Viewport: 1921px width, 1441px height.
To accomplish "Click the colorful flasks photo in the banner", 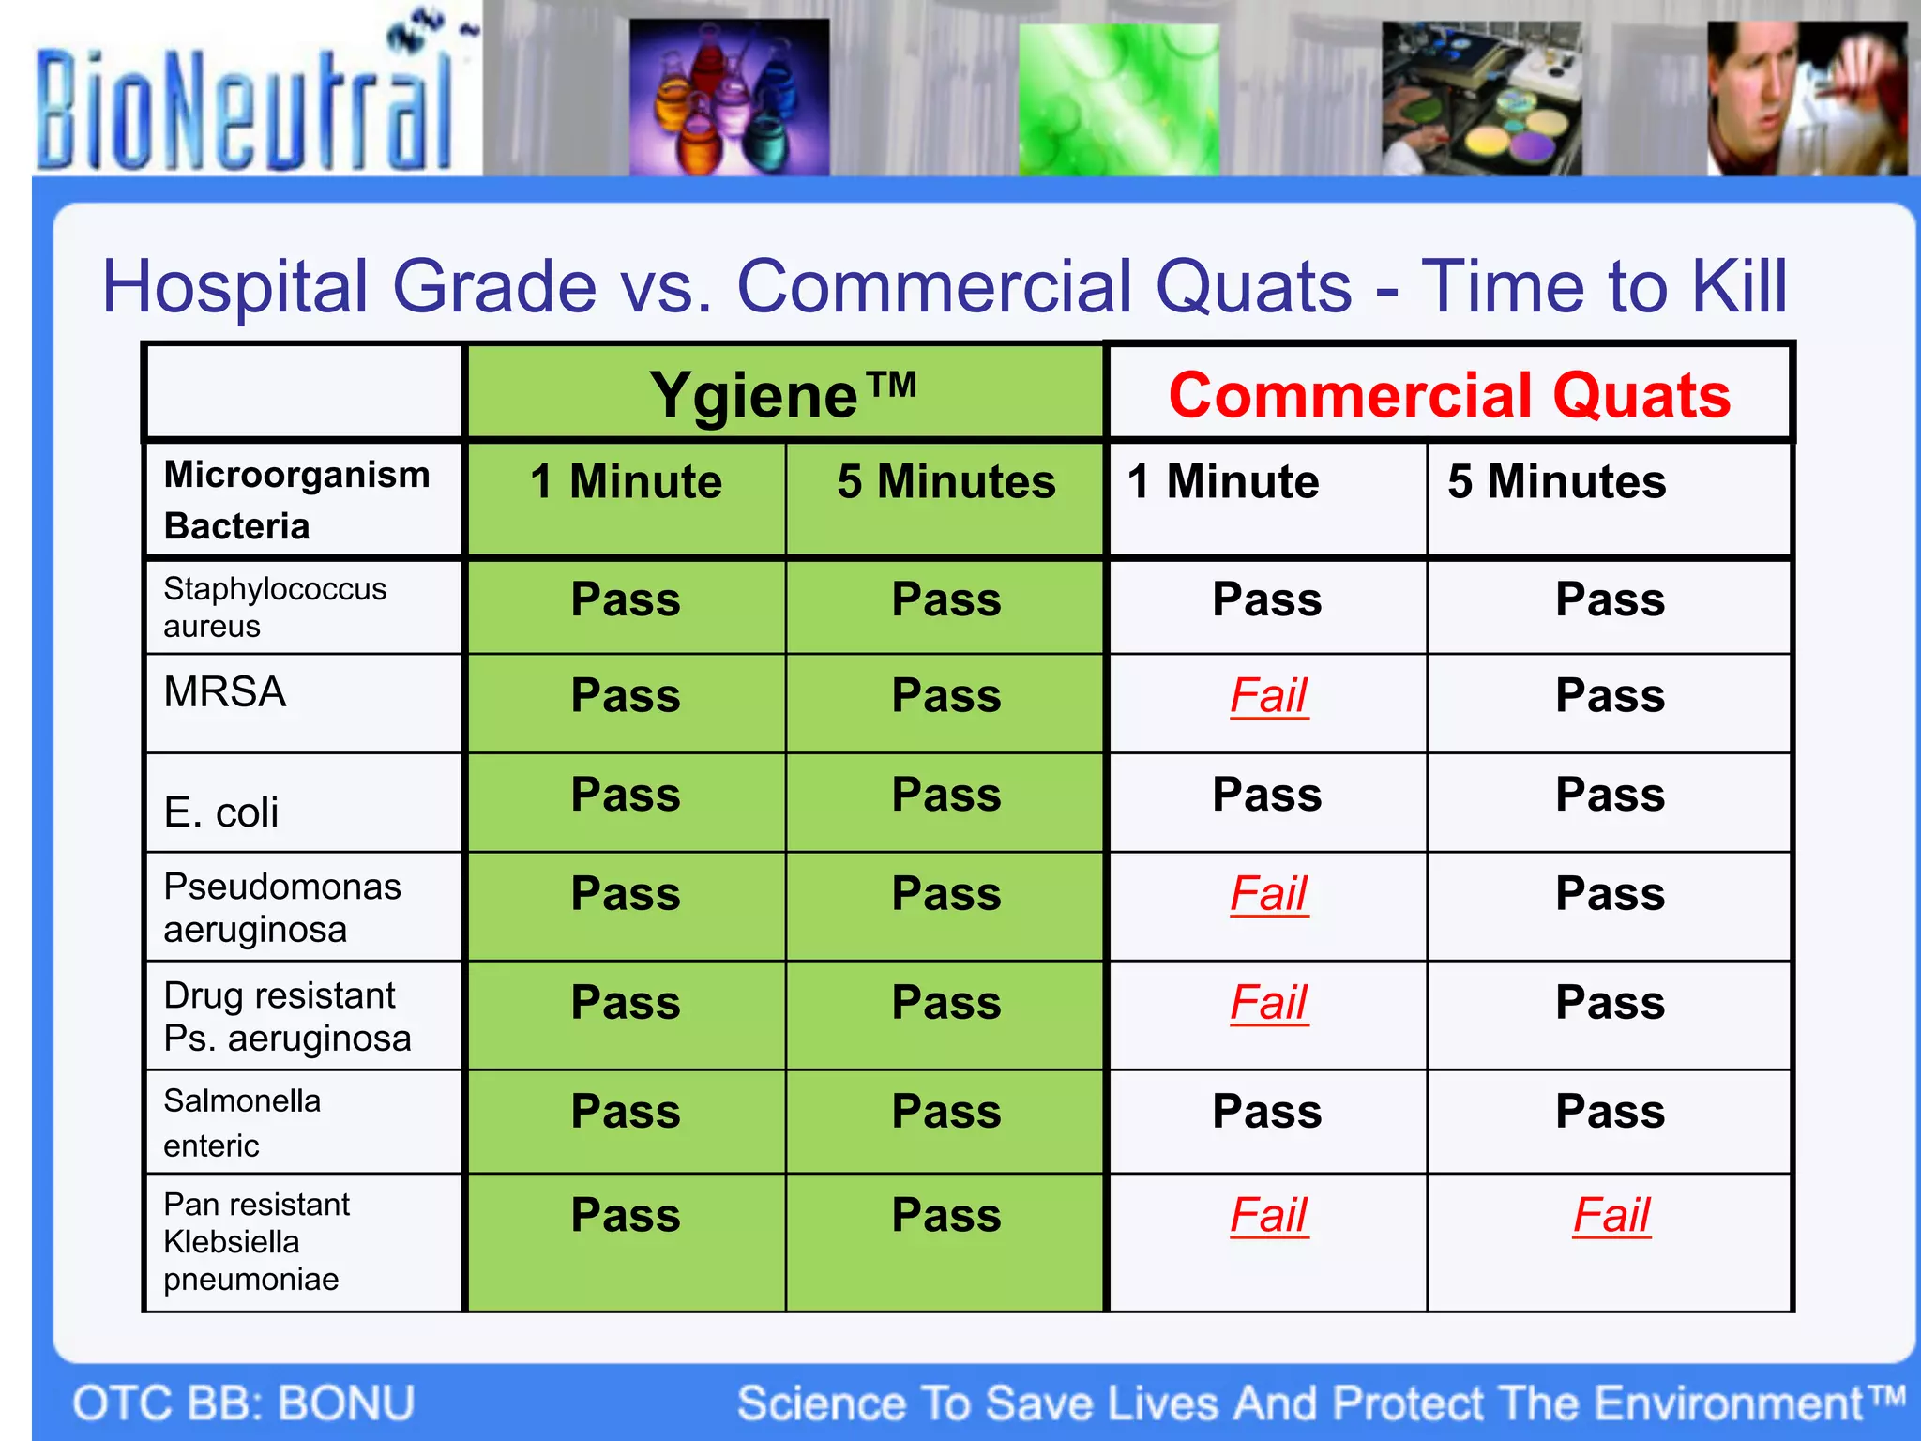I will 729,97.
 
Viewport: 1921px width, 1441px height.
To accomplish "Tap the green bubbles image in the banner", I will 1118,99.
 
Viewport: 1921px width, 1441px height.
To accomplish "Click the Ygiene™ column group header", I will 783,394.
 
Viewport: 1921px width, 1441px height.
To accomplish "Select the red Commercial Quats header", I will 1449,394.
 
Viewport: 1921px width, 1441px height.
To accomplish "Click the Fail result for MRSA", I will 1268,696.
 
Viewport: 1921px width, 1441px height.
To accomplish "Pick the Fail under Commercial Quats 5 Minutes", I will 1611,1216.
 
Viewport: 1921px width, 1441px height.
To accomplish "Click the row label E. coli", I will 221,812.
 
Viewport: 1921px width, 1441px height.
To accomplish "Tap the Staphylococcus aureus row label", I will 274,607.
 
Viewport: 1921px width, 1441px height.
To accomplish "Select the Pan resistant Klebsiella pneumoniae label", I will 256,1241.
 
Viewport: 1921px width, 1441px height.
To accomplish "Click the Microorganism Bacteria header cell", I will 296,500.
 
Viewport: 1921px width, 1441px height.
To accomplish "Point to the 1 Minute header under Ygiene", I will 626,482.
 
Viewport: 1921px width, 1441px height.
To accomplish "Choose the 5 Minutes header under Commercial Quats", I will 1556,482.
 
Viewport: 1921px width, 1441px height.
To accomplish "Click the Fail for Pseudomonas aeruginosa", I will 1268,894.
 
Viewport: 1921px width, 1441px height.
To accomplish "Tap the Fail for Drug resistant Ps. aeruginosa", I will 1268,1003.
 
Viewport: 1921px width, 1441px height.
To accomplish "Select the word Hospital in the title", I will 234,286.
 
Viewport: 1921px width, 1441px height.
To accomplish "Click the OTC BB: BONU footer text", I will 244,1403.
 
